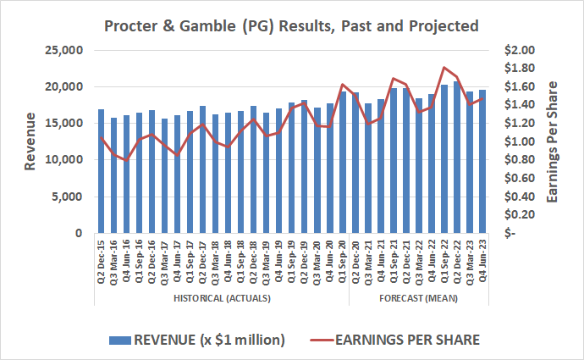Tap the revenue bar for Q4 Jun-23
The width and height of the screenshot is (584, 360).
click(x=482, y=161)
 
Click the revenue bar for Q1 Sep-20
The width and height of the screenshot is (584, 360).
click(x=343, y=162)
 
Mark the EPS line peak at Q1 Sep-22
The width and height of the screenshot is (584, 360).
click(x=444, y=67)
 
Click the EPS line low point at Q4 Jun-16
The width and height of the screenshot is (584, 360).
click(x=126, y=160)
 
